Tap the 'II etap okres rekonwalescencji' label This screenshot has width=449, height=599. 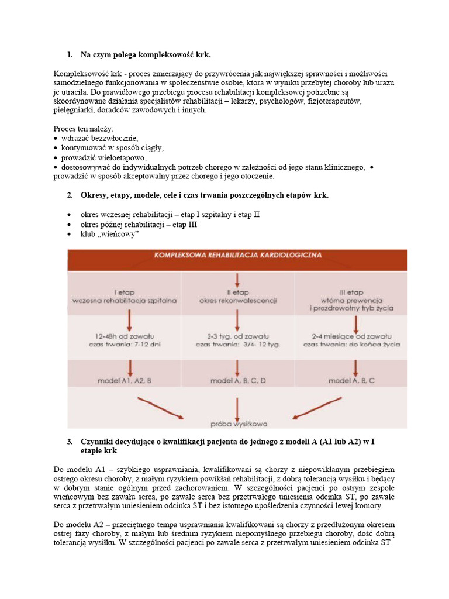coord(237,296)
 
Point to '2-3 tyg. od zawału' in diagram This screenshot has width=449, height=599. coord(237,337)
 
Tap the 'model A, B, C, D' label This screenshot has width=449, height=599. coord(237,381)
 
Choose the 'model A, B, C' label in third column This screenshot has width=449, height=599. coord(352,381)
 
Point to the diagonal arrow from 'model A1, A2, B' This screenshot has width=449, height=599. coord(160,408)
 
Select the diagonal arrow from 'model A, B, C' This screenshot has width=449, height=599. coord(316,408)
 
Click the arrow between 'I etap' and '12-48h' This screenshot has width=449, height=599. coord(129,319)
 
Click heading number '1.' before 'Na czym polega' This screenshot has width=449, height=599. coord(70,55)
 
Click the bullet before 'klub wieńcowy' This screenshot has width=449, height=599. coord(70,235)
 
